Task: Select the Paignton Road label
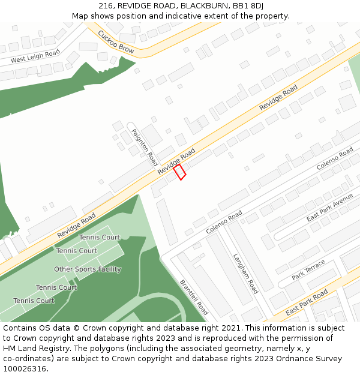click(145, 148)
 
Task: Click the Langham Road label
click(245, 274)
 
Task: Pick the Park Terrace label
click(308, 270)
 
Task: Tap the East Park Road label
click(307, 303)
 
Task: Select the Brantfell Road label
click(194, 297)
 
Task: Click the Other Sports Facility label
click(88, 269)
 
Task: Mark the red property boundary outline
click(179, 172)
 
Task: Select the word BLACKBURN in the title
click(203, 5)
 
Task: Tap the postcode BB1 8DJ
click(248, 5)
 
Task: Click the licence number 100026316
click(25, 369)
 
